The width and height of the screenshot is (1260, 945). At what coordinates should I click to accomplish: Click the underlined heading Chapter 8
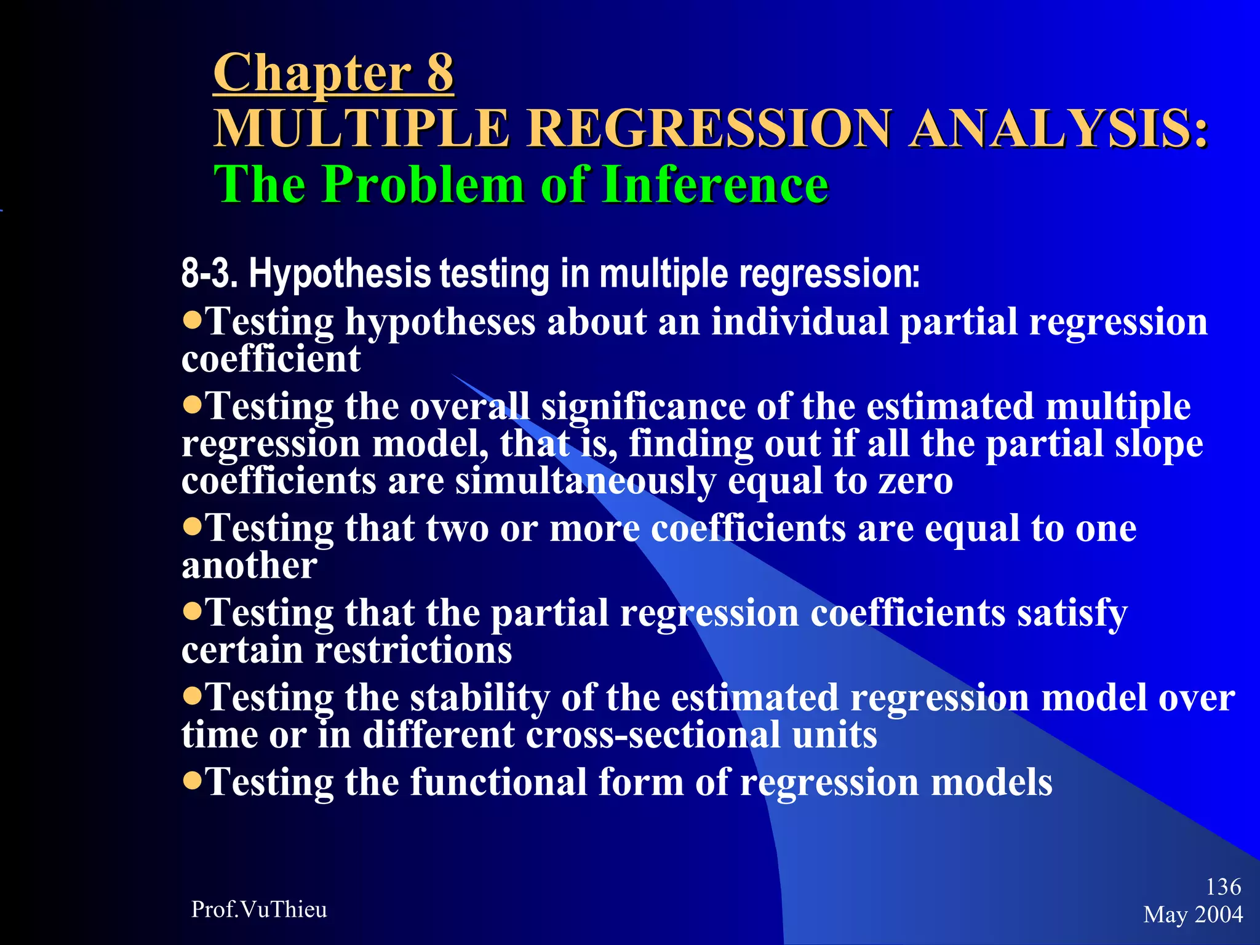pyautogui.click(x=333, y=73)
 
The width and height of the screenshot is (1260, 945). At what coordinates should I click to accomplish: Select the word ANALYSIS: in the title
pyautogui.click(x=1059, y=128)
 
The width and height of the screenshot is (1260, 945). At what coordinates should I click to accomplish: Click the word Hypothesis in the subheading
pyautogui.click(x=339, y=274)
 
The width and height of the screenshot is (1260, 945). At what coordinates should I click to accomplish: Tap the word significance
pyautogui.click(x=643, y=407)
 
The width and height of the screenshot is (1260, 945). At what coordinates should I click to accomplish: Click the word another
pyautogui.click(x=249, y=565)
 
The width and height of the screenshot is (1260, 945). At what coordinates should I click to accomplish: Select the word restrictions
pyautogui.click(x=413, y=650)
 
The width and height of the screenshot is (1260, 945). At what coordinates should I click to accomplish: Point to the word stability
pyautogui.click(x=480, y=698)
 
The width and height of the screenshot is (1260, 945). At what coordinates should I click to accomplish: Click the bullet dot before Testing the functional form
pyautogui.click(x=193, y=781)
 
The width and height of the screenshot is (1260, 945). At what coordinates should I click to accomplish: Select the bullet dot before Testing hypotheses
pyautogui.click(x=193, y=320)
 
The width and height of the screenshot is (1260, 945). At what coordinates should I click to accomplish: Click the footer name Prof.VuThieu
pyautogui.click(x=259, y=909)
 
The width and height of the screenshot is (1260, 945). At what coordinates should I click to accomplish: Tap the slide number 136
pyautogui.click(x=1223, y=887)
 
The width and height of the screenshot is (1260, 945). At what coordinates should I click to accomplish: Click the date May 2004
pyautogui.click(x=1193, y=914)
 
